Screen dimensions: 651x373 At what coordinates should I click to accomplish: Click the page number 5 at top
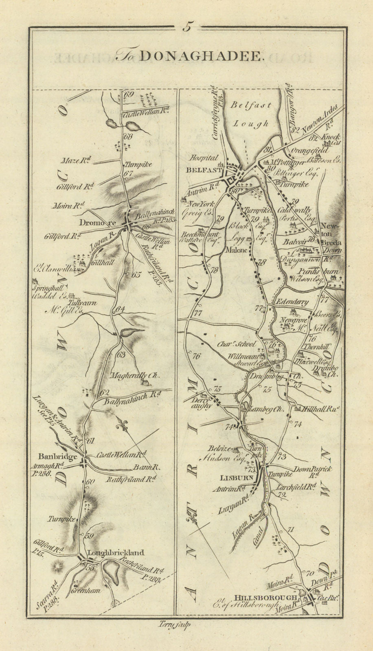(187, 28)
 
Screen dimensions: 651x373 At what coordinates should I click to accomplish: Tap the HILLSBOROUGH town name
(259, 597)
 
